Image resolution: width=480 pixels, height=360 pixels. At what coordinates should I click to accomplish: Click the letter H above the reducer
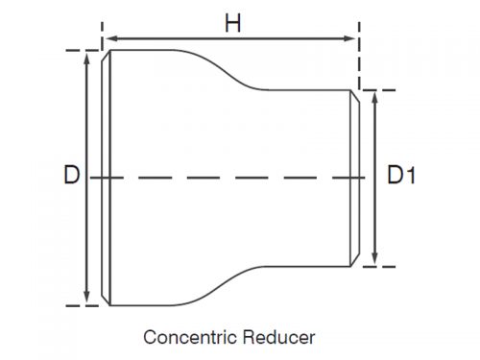(232, 22)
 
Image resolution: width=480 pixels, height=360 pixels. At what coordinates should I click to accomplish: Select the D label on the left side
(70, 176)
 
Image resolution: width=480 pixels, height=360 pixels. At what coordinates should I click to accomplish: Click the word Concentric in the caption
(186, 337)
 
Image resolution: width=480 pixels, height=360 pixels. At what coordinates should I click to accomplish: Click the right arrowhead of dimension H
(353, 39)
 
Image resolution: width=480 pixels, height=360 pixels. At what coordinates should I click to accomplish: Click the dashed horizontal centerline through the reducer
(230, 177)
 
